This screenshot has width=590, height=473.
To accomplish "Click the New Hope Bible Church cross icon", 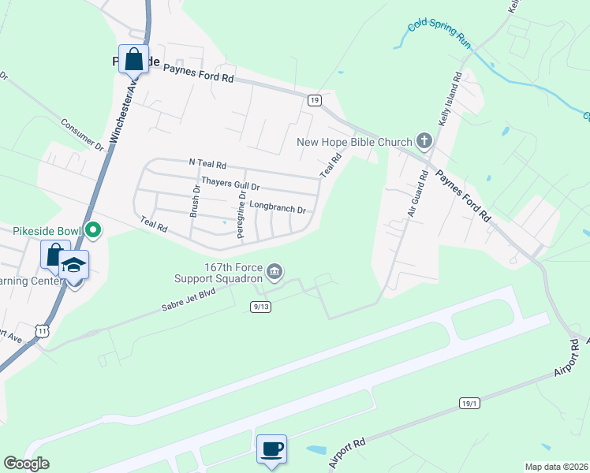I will (424, 141).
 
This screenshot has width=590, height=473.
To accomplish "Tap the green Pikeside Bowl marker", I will (93, 231).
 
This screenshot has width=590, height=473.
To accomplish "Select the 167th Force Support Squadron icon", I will (274, 272).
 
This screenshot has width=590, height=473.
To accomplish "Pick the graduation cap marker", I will (73, 265).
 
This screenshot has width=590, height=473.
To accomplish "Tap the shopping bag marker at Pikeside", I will (133, 58).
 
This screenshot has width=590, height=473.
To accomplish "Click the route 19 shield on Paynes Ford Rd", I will (314, 100).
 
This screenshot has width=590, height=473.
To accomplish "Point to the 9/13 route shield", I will (261, 306).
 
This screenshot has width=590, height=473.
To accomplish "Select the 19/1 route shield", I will (469, 403).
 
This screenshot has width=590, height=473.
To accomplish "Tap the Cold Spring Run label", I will (439, 35).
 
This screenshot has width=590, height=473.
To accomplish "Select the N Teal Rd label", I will (207, 165).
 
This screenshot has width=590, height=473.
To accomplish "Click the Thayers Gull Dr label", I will (230, 184).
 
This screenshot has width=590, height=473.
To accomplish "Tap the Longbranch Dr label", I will (277, 207).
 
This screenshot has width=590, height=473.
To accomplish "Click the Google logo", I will (27, 464).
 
